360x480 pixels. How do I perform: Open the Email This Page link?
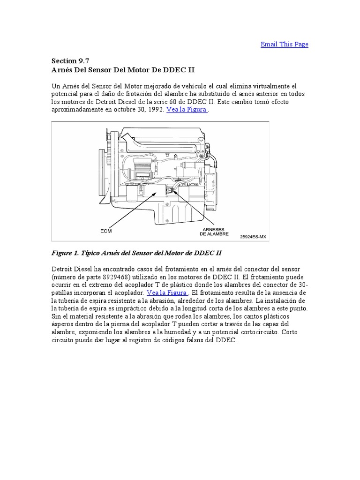284,44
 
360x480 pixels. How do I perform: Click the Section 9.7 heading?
69,61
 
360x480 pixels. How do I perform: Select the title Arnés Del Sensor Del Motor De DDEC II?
122,70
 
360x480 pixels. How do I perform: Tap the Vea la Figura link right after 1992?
187,109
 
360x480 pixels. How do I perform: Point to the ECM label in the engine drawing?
106,231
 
